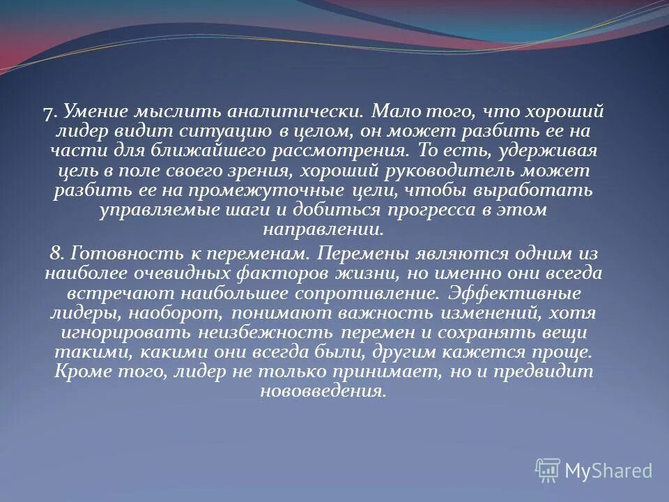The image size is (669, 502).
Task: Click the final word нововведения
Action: click(323, 391)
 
